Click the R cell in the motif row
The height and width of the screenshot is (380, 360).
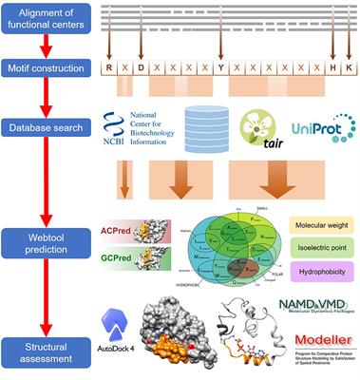pos(111,69)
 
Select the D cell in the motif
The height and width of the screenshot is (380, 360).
pos(140,69)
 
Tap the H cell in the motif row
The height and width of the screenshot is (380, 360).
pos(332,69)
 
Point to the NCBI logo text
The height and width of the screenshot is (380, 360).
pos(142,126)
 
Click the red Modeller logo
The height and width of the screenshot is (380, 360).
pos(318,342)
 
